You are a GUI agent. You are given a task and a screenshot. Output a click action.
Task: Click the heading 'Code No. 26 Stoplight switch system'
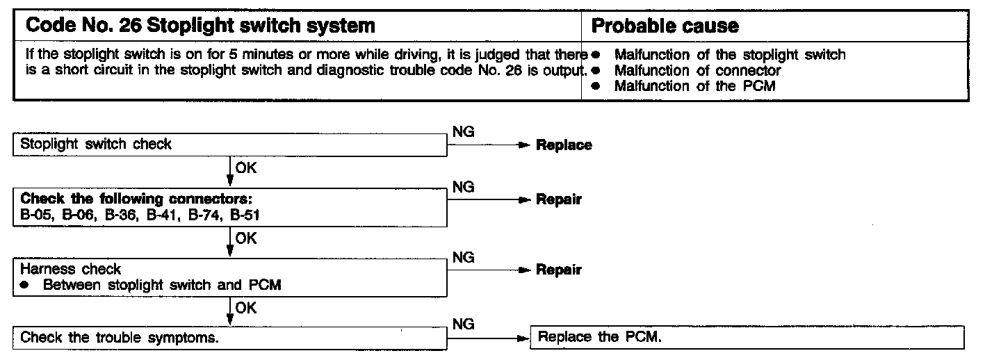point(200,26)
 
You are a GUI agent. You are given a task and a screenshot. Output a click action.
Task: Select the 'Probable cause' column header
point(665,26)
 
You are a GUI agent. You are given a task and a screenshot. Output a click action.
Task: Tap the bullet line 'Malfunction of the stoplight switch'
point(730,55)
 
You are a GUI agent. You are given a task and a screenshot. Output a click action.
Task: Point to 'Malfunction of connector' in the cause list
point(697,70)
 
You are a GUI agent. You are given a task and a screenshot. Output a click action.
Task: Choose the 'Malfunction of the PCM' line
point(694,86)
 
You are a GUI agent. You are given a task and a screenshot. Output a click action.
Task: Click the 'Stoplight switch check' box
point(229,145)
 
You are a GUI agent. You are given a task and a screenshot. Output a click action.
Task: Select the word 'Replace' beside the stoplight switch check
point(564,145)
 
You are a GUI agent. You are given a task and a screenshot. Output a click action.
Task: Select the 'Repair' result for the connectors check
point(558,200)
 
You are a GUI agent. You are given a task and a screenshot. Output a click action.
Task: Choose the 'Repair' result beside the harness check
point(558,270)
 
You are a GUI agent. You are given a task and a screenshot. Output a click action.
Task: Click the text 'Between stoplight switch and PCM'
point(162,285)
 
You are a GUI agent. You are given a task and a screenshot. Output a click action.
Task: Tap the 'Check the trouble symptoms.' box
point(229,338)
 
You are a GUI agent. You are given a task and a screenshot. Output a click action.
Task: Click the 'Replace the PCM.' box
point(747,338)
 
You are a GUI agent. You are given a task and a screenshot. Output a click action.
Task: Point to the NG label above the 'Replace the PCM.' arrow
point(463,325)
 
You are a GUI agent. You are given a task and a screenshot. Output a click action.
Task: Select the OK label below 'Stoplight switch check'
point(246,168)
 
